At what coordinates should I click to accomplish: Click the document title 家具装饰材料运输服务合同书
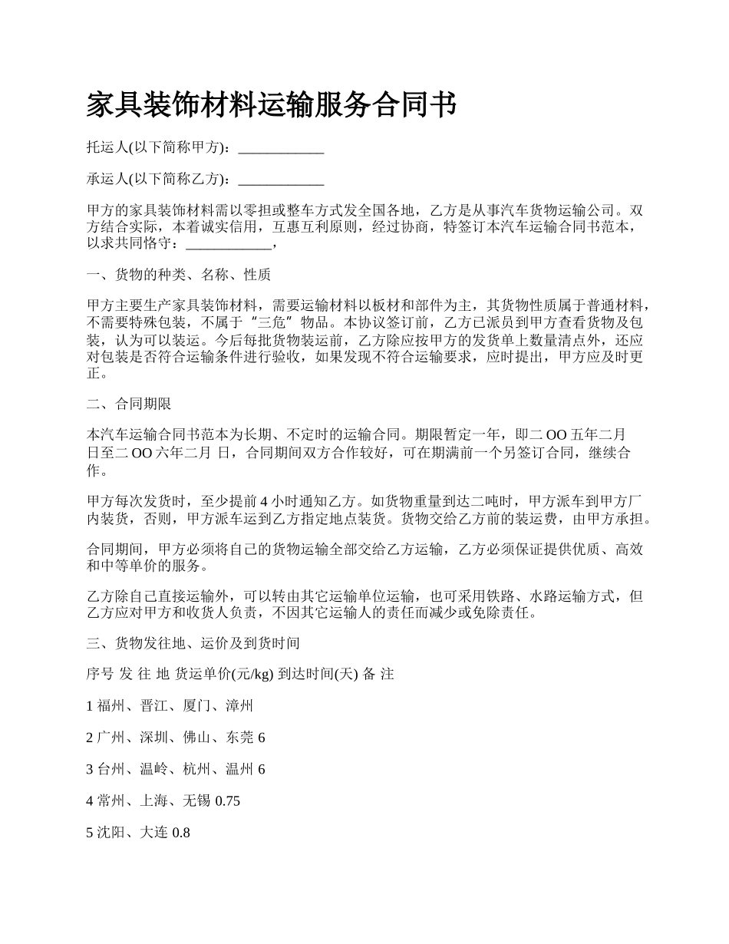(x=272, y=105)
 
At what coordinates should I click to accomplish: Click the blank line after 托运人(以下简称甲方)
(x=281, y=148)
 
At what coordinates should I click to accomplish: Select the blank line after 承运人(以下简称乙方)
(x=281, y=180)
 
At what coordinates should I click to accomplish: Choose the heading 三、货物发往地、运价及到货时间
(x=193, y=642)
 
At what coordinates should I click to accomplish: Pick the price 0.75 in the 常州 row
(x=227, y=800)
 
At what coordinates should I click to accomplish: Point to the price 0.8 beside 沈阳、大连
(x=181, y=832)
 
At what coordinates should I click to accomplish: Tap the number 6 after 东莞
(x=261, y=737)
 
